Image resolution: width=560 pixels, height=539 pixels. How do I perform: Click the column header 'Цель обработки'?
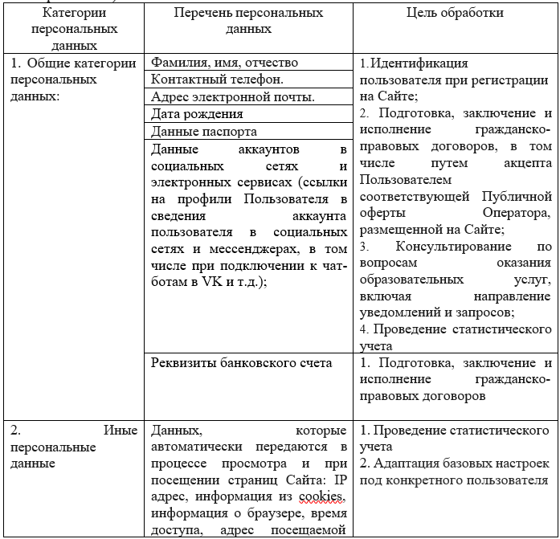tap(455, 13)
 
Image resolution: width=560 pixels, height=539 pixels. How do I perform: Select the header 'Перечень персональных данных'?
tap(249, 21)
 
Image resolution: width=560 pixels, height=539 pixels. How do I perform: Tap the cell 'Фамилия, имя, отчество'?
tap(224, 62)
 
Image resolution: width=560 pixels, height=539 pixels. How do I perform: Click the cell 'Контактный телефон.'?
tap(217, 80)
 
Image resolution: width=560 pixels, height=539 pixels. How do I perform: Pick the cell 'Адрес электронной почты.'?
tap(232, 97)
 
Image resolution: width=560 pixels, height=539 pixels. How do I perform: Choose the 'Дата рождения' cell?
tap(196, 114)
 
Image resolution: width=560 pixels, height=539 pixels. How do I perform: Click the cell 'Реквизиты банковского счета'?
tap(241, 363)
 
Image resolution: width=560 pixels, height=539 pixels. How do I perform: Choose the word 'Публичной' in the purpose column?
tap(517, 196)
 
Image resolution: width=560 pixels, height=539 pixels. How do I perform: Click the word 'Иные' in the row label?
tap(121, 431)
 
